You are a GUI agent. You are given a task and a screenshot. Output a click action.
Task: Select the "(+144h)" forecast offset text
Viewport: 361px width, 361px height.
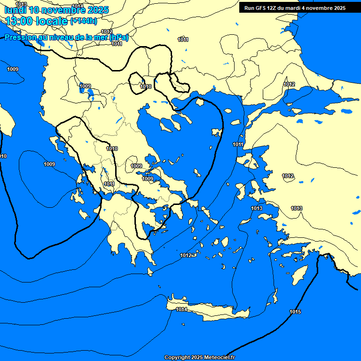pos(83,21)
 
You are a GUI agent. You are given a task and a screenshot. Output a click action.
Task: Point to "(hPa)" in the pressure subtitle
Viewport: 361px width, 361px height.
pos(119,37)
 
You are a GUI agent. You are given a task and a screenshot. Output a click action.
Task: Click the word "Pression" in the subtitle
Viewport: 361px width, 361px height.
pos(20,37)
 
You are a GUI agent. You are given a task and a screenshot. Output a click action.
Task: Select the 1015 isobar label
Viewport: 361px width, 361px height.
pos(295,312)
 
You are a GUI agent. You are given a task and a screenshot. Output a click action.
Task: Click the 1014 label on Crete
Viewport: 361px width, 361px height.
pos(181,309)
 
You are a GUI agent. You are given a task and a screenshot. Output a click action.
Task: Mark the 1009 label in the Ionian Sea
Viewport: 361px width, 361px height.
pos(49,164)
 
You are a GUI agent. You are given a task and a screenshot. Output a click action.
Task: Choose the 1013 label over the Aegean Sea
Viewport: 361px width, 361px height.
pos(256,208)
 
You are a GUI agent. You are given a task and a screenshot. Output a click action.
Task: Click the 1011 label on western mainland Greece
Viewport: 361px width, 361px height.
pos(109,184)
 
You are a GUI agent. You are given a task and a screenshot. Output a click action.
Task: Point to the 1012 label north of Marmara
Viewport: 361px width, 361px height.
pos(289,84)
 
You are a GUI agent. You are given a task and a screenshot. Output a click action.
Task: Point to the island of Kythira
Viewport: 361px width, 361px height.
pos(150,272)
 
